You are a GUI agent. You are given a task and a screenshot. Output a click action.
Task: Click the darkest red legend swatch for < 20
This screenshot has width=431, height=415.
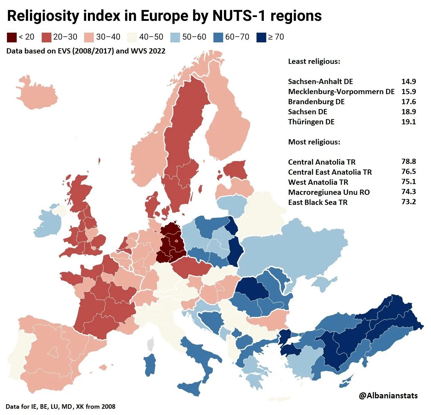point(12,37)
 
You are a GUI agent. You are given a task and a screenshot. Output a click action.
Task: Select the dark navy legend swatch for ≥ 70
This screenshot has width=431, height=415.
point(261,37)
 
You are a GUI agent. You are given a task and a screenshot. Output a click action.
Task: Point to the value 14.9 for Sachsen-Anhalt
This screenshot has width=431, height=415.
point(408,82)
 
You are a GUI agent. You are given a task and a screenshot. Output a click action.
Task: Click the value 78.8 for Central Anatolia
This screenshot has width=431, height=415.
point(408,161)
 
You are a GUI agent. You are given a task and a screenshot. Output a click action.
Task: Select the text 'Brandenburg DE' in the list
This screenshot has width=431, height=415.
point(316,102)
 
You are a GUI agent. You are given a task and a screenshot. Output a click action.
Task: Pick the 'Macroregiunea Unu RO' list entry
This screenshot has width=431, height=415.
point(329,192)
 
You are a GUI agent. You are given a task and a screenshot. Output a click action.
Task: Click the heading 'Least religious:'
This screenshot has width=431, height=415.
point(314,61)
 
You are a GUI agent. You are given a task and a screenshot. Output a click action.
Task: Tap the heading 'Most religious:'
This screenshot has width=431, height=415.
point(314,142)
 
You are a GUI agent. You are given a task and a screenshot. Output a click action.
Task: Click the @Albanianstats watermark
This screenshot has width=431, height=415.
point(388,395)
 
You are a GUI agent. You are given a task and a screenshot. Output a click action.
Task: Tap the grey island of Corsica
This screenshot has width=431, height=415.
point(151,345)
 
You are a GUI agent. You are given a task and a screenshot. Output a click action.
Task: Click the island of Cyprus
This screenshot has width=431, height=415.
point(346,382)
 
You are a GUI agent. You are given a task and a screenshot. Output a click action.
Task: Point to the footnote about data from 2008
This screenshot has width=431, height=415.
point(60,406)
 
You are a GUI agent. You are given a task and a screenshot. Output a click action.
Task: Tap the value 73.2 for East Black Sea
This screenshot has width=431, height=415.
point(408,202)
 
